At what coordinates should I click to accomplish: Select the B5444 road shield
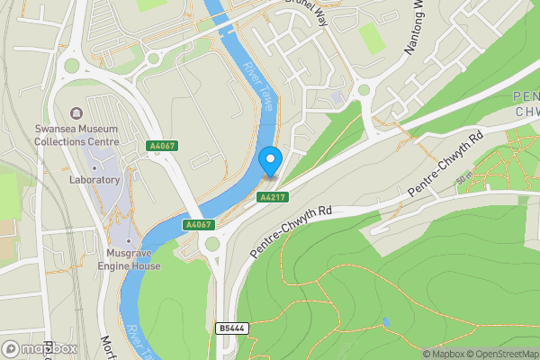point(230,328)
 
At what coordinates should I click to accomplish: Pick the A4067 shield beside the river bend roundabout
point(197,224)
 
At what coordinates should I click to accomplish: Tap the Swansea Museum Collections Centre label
point(76,135)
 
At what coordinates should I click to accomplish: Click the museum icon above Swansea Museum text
point(76,113)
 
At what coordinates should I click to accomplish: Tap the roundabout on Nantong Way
point(364,88)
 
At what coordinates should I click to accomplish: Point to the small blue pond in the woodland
point(385,321)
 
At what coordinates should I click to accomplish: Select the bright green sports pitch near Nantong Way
point(371,39)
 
